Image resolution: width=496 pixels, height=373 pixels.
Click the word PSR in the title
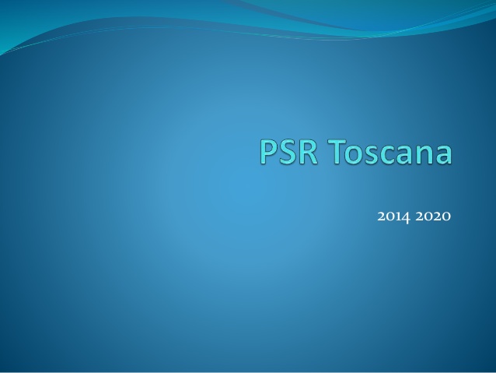(288, 151)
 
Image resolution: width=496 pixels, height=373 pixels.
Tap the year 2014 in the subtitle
(394, 216)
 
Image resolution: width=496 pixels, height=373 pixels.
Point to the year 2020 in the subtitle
(433, 216)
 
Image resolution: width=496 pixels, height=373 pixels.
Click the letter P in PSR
(268, 152)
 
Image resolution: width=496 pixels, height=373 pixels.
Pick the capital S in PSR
(288, 152)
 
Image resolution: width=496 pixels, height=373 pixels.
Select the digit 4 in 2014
(405, 218)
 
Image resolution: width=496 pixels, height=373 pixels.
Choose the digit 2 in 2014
(381, 216)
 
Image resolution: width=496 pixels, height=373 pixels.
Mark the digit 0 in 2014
(390, 217)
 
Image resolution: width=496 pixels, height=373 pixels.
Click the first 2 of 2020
(420, 216)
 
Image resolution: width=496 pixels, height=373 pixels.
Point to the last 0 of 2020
(446, 217)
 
